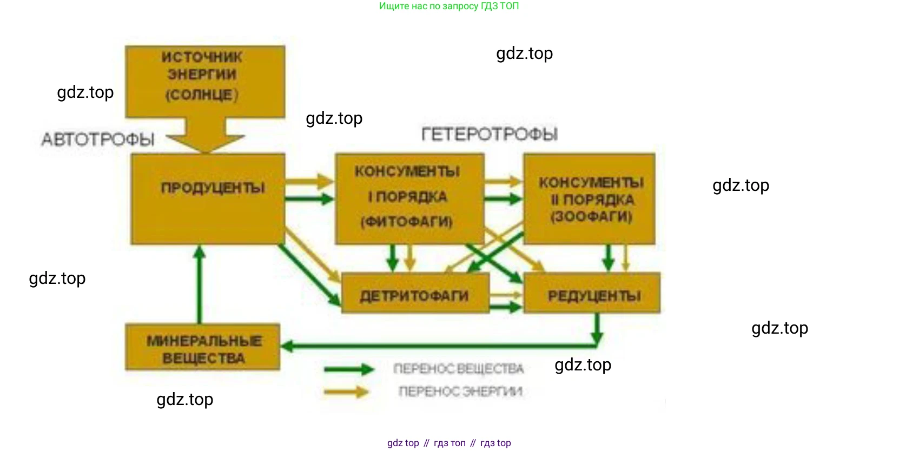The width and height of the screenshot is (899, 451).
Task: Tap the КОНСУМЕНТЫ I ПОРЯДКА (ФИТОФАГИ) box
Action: pyautogui.click(x=409, y=198)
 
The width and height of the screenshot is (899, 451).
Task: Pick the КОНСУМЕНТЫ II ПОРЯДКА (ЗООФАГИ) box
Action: pyautogui.click(x=589, y=199)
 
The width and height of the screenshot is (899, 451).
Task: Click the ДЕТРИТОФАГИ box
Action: pyautogui.click(x=415, y=294)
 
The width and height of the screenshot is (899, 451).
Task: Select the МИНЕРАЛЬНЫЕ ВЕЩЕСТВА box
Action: pyautogui.click(x=203, y=347)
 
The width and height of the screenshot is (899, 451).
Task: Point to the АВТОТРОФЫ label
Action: pyautogui.click(x=98, y=140)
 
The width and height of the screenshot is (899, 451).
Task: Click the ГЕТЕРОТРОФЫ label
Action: pyautogui.click(x=490, y=134)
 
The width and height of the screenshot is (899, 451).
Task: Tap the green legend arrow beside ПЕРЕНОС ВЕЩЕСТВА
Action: pyautogui.click(x=349, y=369)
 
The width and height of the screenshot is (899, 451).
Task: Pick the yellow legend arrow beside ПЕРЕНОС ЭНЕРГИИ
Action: pyautogui.click(x=347, y=391)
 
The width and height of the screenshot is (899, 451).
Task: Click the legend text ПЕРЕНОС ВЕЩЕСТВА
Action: pyautogui.click(x=459, y=369)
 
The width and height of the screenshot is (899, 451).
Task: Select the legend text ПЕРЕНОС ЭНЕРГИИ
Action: pyautogui.click(x=460, y=391)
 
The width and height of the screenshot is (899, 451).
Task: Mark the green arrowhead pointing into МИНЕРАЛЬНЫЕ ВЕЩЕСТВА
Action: pyautogui.click(x=287, y=346)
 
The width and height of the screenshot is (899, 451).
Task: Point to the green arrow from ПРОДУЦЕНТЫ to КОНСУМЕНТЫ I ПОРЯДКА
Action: pyautogui.click(x=309, y=199)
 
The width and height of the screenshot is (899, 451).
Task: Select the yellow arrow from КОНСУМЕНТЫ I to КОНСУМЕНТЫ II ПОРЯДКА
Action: pyautogui.click(x=504, y=181)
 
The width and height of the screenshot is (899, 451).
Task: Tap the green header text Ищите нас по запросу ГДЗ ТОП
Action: pyautogui.click(x=449, y=6)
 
